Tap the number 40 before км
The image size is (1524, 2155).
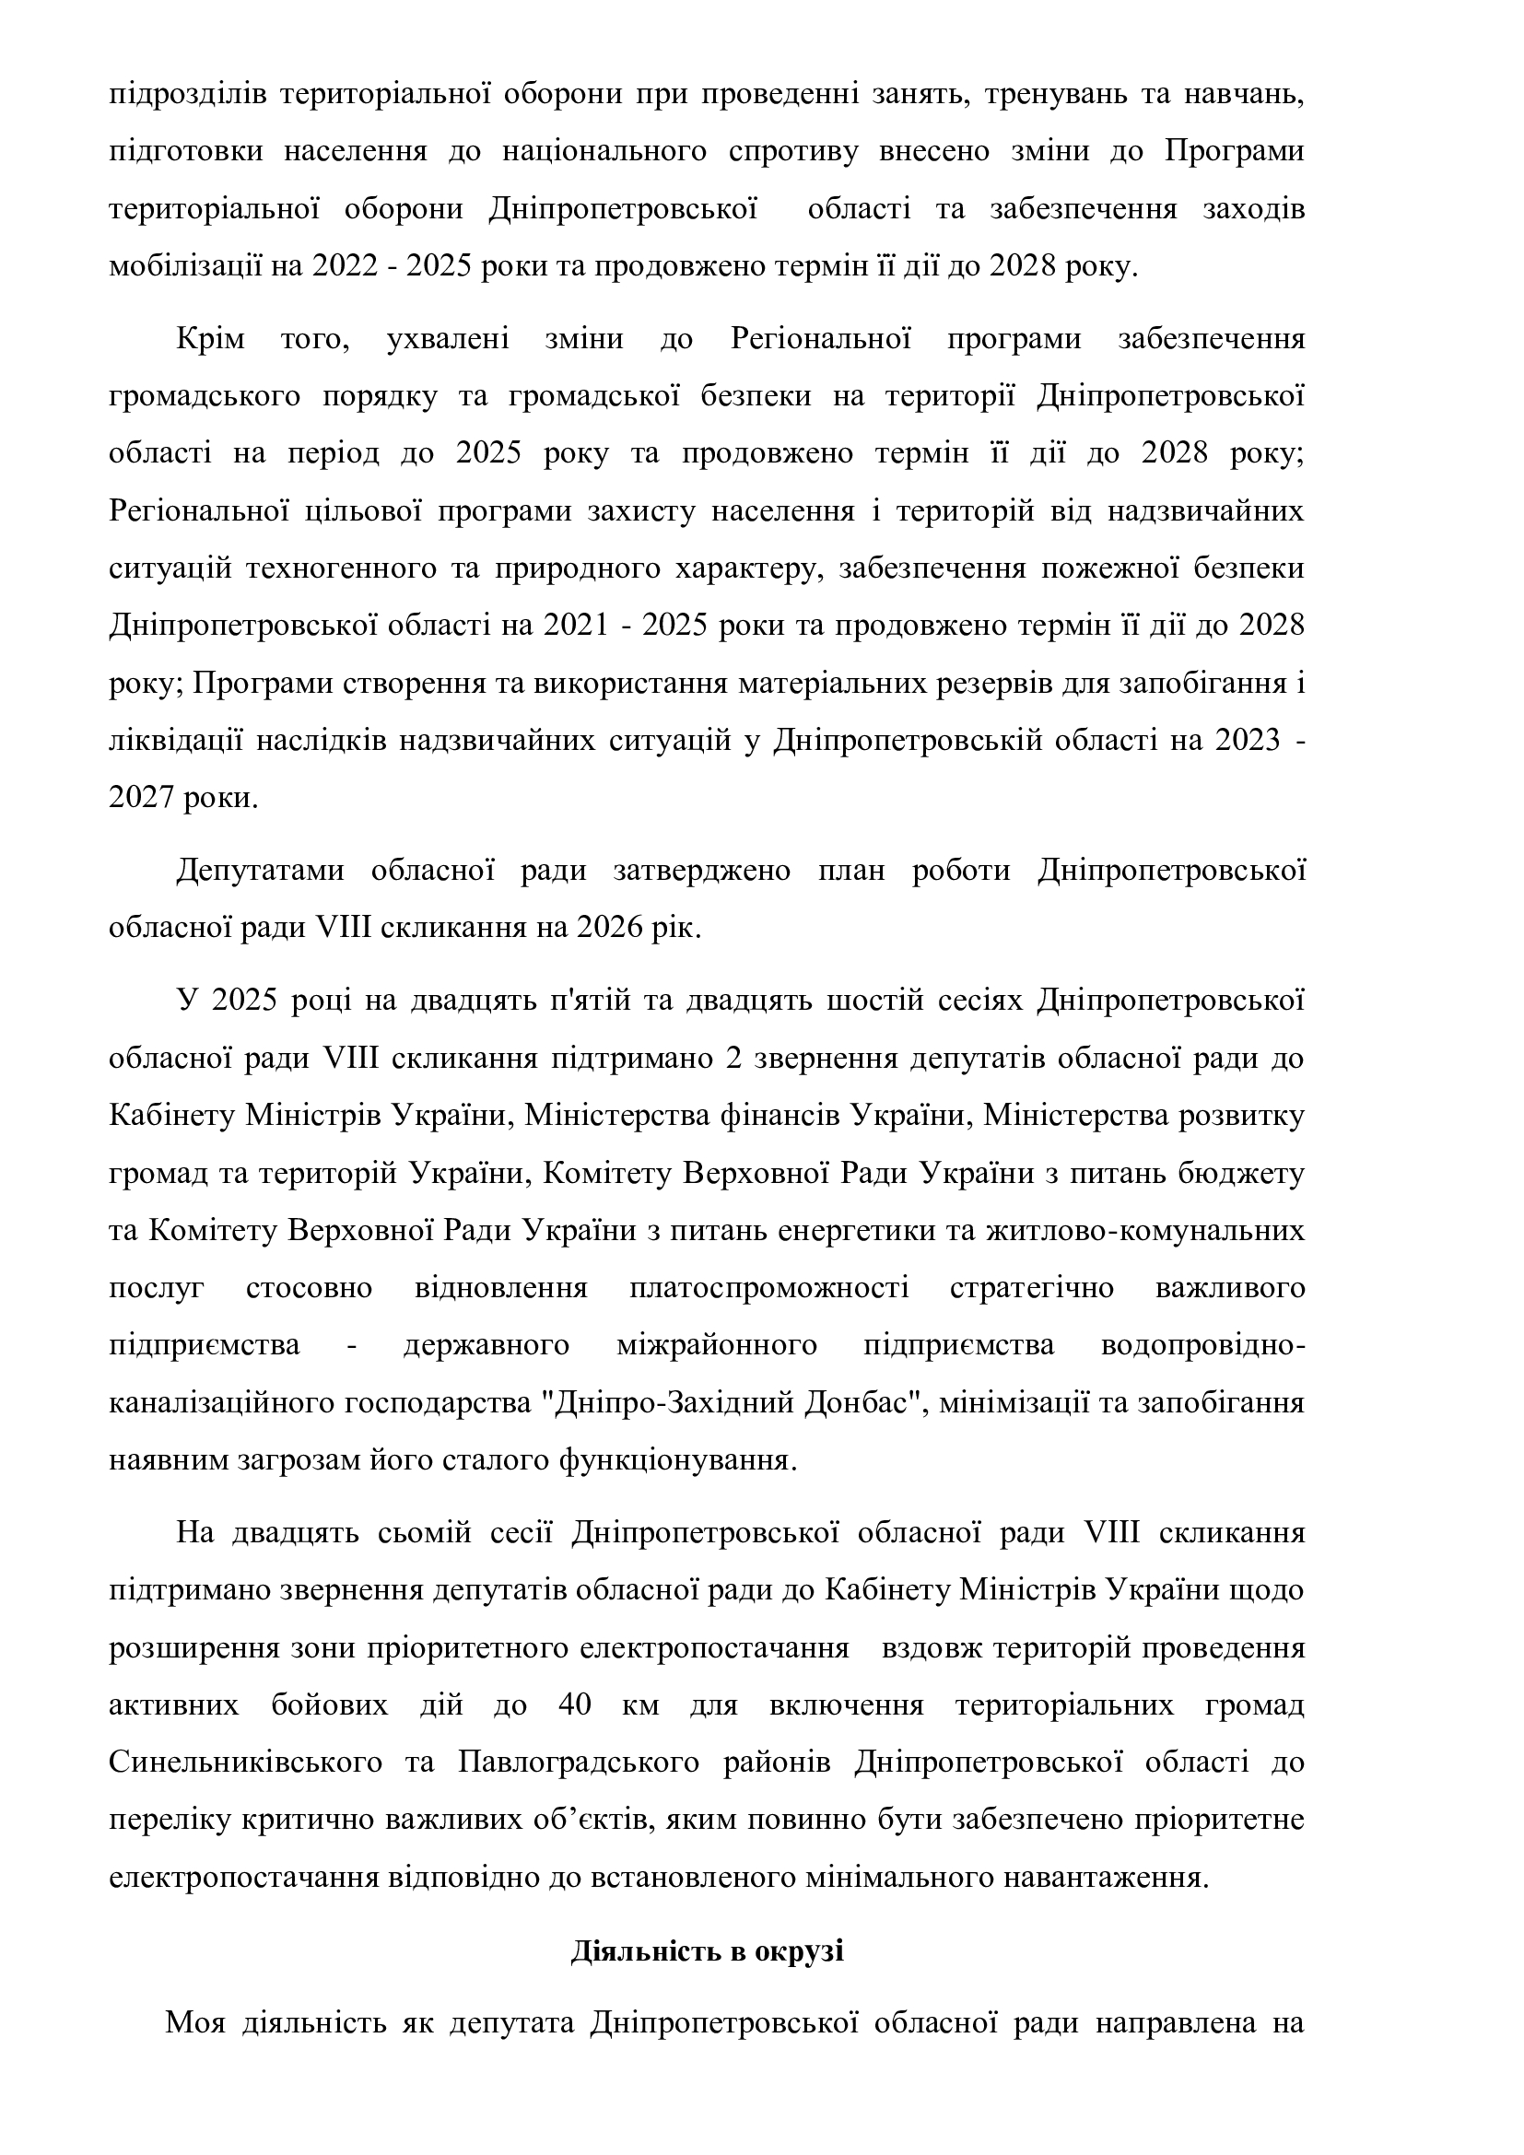[573, 1704]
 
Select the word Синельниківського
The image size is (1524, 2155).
[246, 1762]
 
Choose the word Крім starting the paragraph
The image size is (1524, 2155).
[210, 338]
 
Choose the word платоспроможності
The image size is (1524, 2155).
[769, 1288]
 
